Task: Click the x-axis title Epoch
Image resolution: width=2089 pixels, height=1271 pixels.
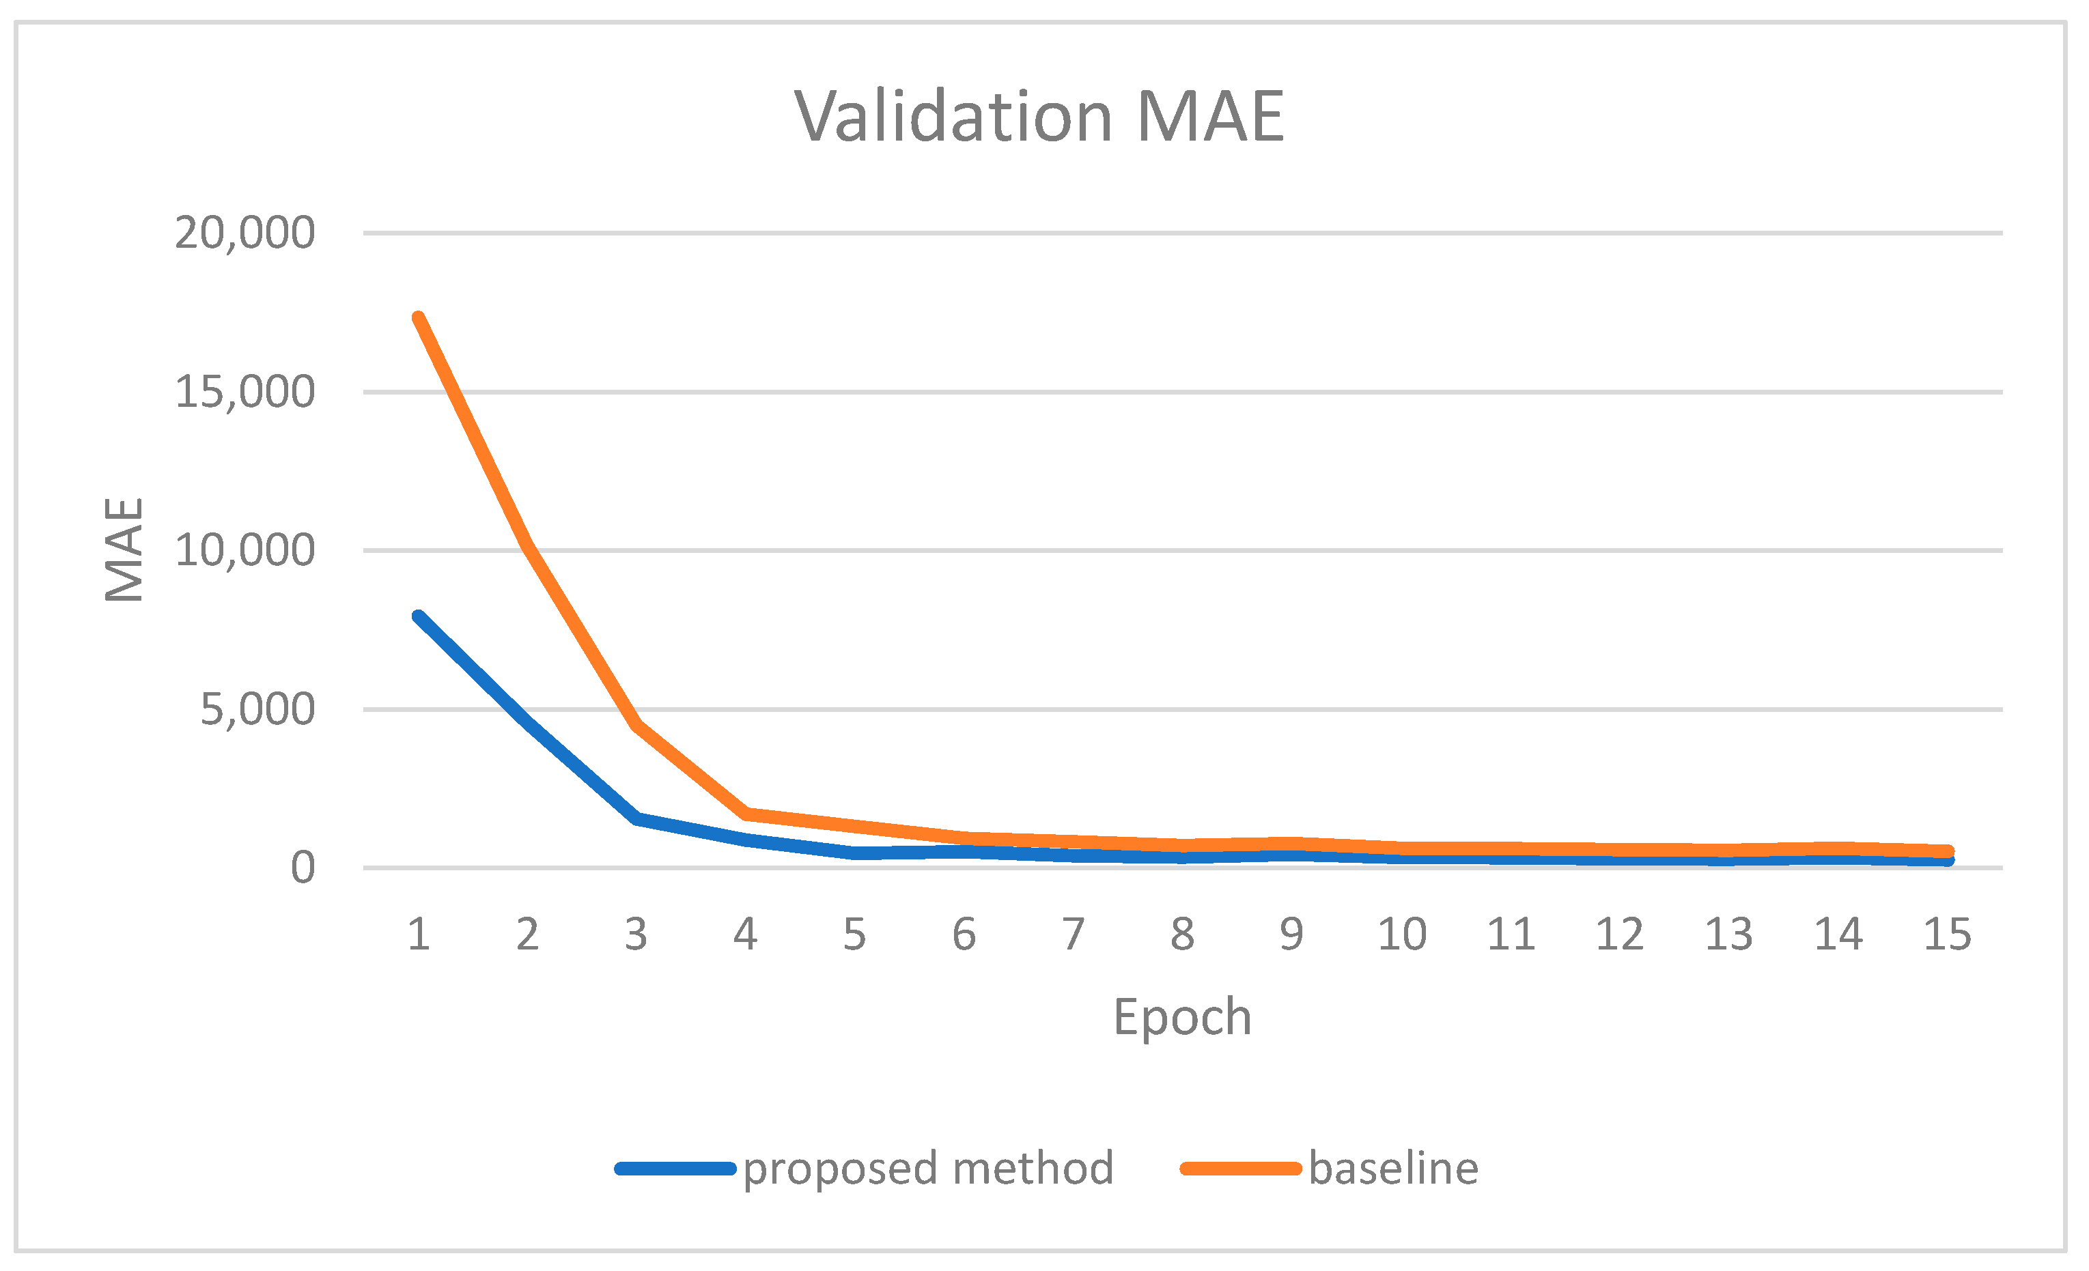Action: pyautogui.click(x=1182, y=1017)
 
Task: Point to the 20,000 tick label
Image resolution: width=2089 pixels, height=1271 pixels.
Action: pyautogui.click(x=244, y=233)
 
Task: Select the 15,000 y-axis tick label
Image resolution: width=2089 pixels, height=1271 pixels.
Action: pyautogui.click(x=244, y=392)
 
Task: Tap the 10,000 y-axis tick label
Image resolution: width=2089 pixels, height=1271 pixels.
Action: pyautogui.click(x=244, y=551)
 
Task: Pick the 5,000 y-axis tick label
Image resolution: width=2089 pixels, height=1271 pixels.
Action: pyautogui.click(x=257, y=709)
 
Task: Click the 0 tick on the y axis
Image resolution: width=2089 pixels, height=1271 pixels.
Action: pyautogui.click(x=303, y=868)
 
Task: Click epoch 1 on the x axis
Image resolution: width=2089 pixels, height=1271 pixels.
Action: pyautogui.click(x=419, y=934)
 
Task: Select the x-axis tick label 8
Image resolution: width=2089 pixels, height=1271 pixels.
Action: pyautogui.click(x=1182, y=934)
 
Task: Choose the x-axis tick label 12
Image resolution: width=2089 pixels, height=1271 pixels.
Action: pyautogui.click(x=1619, y=934)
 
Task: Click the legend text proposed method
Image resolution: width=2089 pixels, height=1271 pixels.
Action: pyautogui.click(x=927, y=1169)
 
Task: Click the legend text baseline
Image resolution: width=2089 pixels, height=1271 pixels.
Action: pyautogui.click(x=1394, y=1169)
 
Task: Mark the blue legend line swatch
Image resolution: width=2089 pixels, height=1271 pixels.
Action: pyautogui.click(x=675, y=1169)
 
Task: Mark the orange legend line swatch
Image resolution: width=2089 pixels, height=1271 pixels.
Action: pyautogui.click(x=1240, y=1169)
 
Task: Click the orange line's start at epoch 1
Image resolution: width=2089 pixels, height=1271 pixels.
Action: pyautogui.click(x=419, y=319)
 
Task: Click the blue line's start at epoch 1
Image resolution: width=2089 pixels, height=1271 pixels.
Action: pyautogui.click(x=419, y=617)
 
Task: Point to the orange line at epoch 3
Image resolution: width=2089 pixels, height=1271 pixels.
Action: pyautogui.click(x=636, y=724)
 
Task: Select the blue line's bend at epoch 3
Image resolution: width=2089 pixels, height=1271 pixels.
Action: pyautogui.click(x=636, y=818)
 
